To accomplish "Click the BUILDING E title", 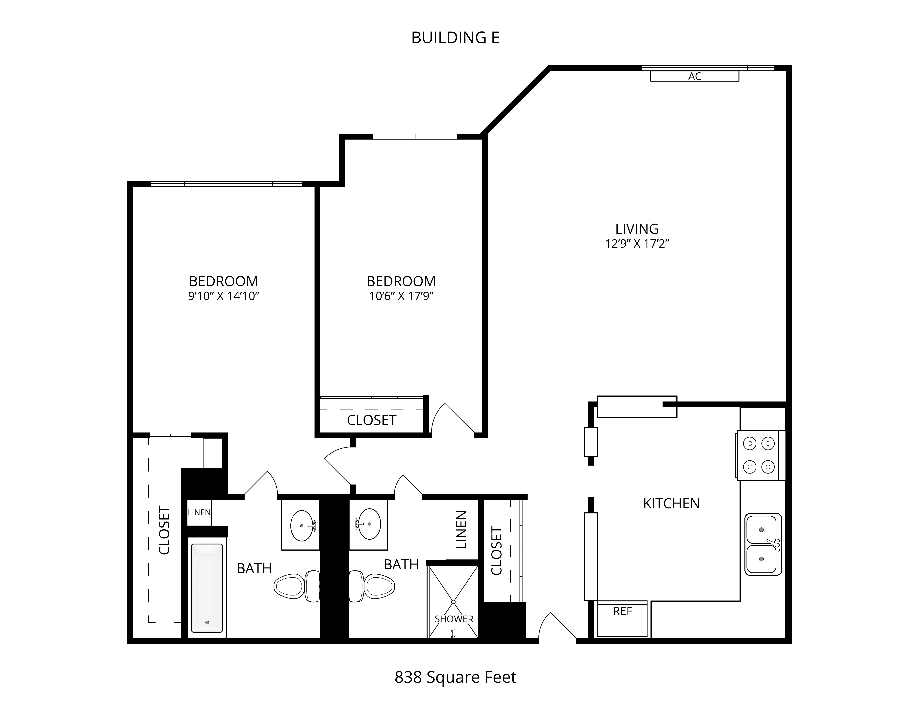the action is (455, 38).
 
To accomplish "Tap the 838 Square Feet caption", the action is (455, 677).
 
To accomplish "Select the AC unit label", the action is (695, 76).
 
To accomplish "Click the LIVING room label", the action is (637, 229).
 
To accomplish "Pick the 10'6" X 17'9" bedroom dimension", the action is (401, 296).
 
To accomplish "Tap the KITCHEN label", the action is (671, 503).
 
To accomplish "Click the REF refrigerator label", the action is (622, 611).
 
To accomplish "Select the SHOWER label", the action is (454, 619).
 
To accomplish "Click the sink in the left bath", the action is (303, 525).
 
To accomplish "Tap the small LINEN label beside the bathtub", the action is (199, 512).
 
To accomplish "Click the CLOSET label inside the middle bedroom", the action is (372, 420).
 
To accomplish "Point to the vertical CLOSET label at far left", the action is (164, 530).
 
